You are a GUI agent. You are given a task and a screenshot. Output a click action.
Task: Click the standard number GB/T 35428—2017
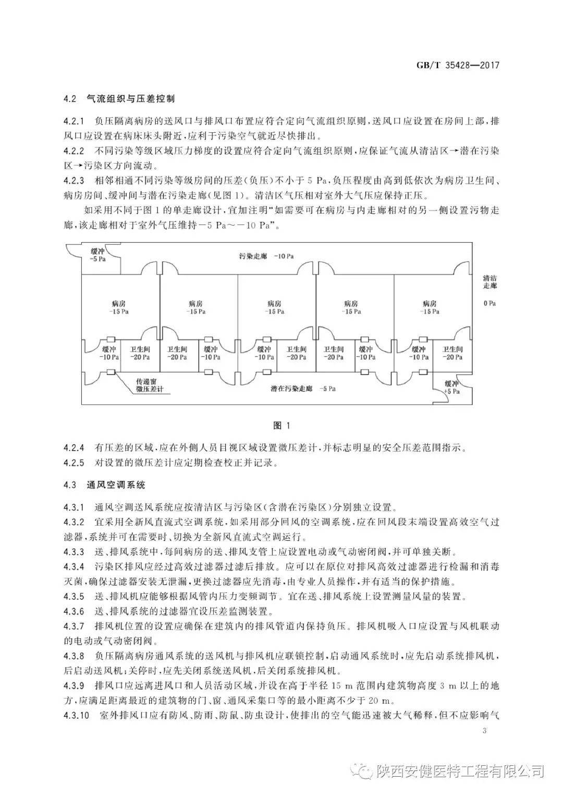[x=458, y=66]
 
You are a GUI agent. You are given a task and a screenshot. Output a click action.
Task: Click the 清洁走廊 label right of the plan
[x=489, y=282]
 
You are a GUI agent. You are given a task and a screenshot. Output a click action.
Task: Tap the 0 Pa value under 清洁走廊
[x=489, y=303]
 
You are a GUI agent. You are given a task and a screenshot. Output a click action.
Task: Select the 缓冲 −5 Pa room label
[x=97, y=255]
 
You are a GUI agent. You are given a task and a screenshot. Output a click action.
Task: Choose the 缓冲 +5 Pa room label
[x=451, y=387]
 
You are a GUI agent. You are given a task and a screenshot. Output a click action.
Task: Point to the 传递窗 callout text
[x=146, y=381]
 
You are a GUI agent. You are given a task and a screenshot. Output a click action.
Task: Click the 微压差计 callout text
[x=149, y=390]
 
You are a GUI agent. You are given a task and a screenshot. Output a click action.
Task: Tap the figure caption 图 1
[x=281, y=426]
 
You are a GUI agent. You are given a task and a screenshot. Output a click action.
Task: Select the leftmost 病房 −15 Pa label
[x=118, y=307]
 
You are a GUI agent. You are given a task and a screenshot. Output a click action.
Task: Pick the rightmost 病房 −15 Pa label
[x=430, y=307]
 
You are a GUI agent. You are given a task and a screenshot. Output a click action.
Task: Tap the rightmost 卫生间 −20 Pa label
[x=452, y=353]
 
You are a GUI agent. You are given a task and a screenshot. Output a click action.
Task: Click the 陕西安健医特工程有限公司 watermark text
[x=459, y=770]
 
